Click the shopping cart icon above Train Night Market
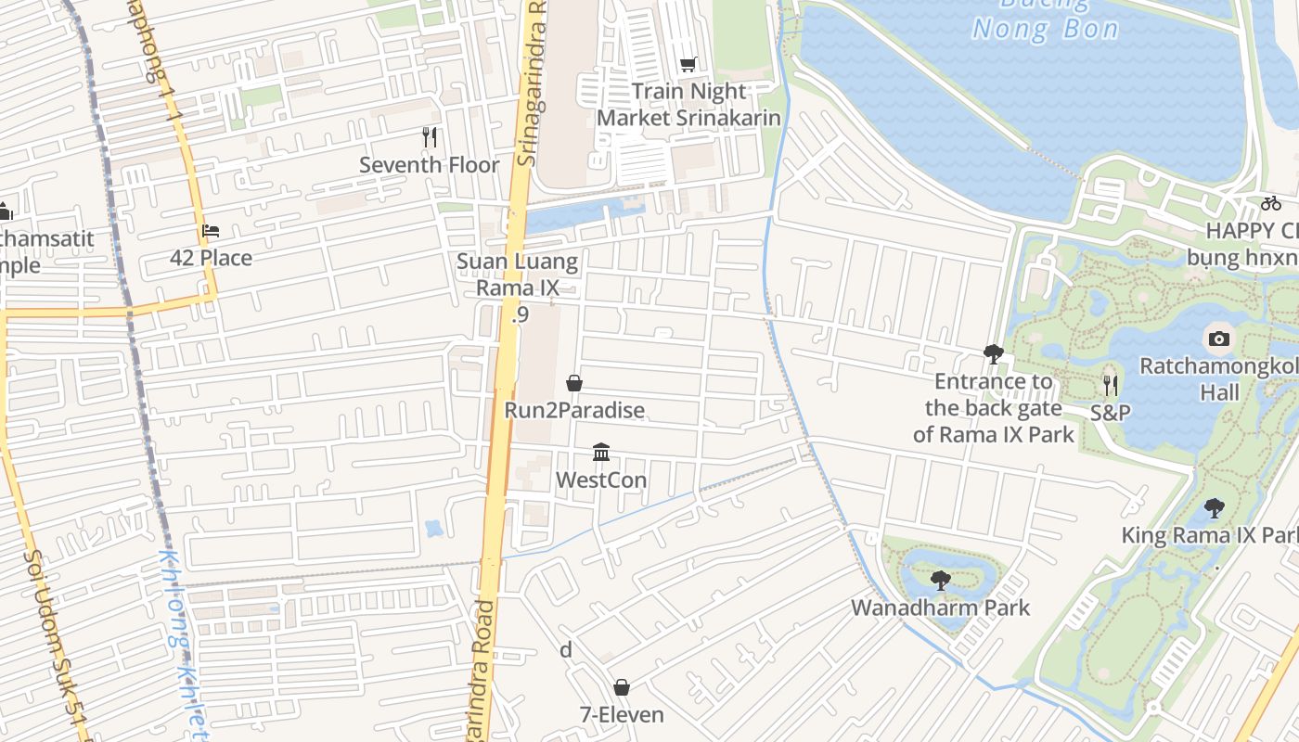(688, 64)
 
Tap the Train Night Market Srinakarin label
(688, 105)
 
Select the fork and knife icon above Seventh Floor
(430, 137)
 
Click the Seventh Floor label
(430, 165)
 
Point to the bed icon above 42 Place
(211, 231)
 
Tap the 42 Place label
(211, 258)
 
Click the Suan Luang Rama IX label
(518, 275)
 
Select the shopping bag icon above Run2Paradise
(574, 383)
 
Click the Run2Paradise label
(574, 410)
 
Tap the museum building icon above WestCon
(601, 453)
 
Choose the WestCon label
(601, 480)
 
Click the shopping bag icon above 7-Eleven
(622, 687)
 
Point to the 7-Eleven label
(622, 715)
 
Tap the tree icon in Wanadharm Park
(941, 581)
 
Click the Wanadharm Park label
(941, 608)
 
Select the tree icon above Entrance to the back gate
(994, 353)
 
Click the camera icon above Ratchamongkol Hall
(1219, 339)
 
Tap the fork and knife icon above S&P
(1110, 385)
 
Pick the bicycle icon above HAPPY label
(1270, 203)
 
